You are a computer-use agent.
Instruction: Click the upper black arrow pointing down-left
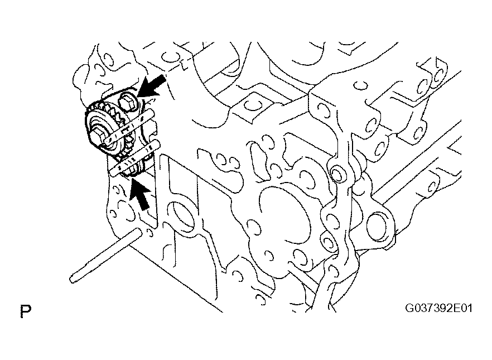(x=152, y=85)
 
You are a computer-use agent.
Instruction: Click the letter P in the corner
(x=26, y=311)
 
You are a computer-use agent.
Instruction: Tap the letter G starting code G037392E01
(x=410, y=308)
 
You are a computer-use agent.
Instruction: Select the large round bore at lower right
(x=379, y=227)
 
